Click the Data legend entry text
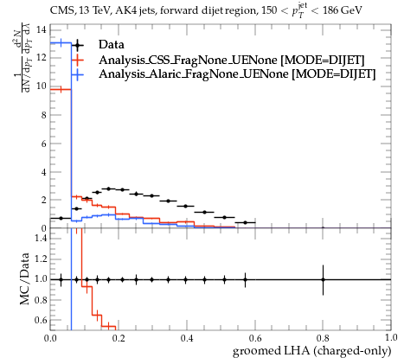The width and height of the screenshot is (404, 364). click(x=112, y=45)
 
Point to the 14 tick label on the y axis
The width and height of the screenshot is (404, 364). click(x=42, y=29)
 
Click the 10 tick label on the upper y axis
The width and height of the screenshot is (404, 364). click(x=42, y=86)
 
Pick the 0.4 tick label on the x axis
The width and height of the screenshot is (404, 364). click(x=187, y=338)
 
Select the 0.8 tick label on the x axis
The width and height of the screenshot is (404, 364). click(x=323, y=338)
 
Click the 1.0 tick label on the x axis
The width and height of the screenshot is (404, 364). click(x=391, y=338)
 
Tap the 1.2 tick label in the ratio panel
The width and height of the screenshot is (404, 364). click(x=41, y=259)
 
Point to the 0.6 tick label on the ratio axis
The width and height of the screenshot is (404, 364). click(x=41, y=320)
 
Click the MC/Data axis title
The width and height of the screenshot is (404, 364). click(x=24, y=278)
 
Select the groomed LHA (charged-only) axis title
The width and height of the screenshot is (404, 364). click(x=311, y=351)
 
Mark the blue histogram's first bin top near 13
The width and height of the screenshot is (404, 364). click(x=61, y=43)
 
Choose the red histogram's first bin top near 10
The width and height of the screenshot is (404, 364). click(x=61, y=90)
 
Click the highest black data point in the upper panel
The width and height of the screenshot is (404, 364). click(x=109, y=188)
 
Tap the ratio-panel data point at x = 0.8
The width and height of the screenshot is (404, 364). click(x=323, y=279)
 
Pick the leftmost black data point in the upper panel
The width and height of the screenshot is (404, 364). click(x=61, y=218)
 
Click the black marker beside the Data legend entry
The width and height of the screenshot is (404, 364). click(x=77, y=45)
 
